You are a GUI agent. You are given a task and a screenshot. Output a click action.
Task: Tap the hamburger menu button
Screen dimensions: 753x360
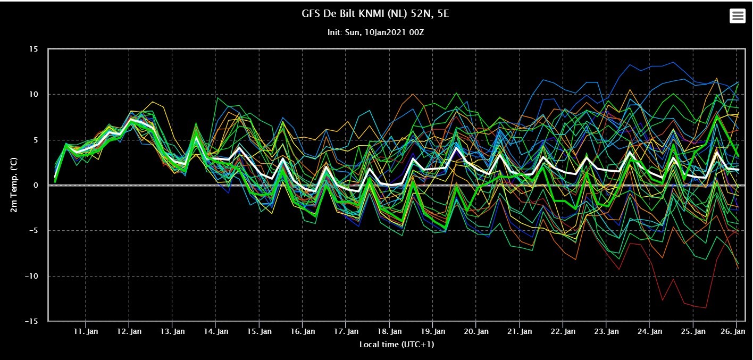737,16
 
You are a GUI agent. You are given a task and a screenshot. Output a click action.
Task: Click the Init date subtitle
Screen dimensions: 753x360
375,32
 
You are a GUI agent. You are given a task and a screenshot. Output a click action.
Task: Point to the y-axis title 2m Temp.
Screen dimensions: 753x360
14,185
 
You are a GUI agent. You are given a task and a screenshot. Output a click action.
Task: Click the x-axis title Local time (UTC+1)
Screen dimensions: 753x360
397,345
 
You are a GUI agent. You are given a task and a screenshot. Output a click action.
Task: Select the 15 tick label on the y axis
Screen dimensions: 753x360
34,49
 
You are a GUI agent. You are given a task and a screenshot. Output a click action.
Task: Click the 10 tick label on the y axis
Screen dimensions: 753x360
34,95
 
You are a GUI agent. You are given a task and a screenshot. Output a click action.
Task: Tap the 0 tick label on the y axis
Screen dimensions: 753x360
36,185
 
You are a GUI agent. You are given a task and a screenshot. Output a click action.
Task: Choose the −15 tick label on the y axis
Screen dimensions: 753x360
31,321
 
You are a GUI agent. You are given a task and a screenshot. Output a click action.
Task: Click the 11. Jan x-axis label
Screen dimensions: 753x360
86,331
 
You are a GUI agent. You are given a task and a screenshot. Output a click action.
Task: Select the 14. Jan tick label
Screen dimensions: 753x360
216,331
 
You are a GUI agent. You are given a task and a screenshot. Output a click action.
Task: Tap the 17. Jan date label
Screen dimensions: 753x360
346,331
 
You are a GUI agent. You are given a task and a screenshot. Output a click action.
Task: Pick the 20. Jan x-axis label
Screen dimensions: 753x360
476,331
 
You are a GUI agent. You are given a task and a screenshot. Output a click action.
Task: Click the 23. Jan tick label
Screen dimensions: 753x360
606,331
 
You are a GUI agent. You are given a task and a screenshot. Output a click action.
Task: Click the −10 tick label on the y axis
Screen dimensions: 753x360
31,277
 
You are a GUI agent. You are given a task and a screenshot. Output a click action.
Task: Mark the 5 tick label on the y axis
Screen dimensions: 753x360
36,140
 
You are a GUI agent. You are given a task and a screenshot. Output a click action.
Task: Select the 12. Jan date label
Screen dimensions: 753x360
129,331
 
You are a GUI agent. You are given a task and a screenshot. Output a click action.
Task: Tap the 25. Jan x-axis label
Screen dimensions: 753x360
693,331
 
